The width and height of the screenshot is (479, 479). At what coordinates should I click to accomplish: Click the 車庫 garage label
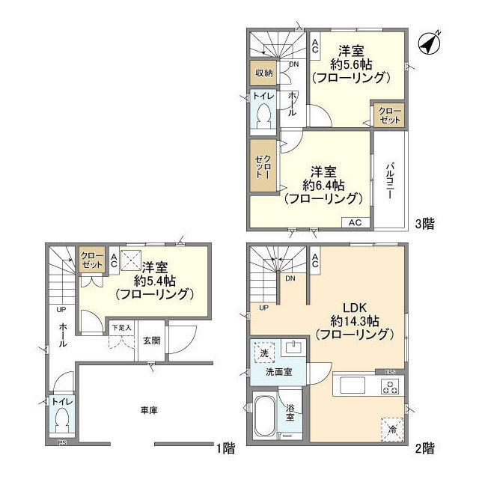148,410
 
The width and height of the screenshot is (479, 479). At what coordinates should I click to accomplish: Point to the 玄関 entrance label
151,340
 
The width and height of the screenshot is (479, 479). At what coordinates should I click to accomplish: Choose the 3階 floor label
424,223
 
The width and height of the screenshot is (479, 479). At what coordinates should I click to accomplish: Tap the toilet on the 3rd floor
263,115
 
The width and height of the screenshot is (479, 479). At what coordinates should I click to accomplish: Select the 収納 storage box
263,73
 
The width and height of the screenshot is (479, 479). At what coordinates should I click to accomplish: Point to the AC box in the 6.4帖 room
355,222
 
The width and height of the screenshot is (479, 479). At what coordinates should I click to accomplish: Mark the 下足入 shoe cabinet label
121,328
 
